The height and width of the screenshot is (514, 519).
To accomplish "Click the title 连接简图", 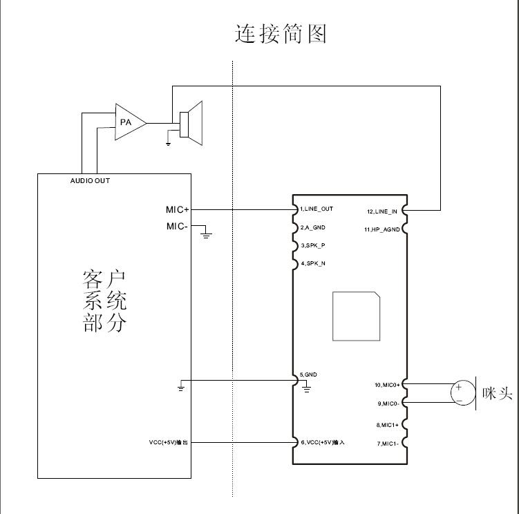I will [x=280, y=33].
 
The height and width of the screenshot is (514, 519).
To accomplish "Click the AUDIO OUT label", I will [x=90, y=181].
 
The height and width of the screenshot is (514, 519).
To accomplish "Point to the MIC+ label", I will [x=177, y=209].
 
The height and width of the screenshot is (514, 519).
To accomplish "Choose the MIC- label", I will [x=177, y=226].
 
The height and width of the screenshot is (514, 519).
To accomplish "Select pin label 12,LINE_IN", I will [x=382, y=211].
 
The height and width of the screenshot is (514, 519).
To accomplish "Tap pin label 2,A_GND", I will [x=313, y=227].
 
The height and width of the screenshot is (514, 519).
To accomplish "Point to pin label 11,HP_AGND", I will [x=379, y=229].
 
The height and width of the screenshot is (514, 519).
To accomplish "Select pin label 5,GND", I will [x=308, y=374].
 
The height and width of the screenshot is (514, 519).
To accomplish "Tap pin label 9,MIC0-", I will [x=385, y=403].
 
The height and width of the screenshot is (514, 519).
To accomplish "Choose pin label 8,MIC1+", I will [x=385, y=425].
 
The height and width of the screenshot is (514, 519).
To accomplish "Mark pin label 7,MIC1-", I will [x=386, y=443].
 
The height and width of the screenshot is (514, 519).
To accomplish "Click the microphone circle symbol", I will [x=462, y=393].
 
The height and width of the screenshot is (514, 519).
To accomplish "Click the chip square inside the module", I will [x=357, y=316].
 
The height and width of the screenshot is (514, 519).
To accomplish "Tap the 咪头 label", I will [x=498, y=394].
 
